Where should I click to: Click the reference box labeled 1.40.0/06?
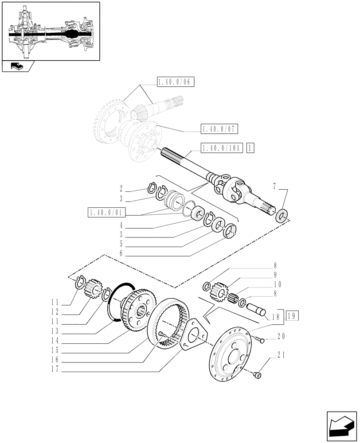click(x=176, y=82)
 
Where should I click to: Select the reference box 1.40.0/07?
click(x=219, y=129)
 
